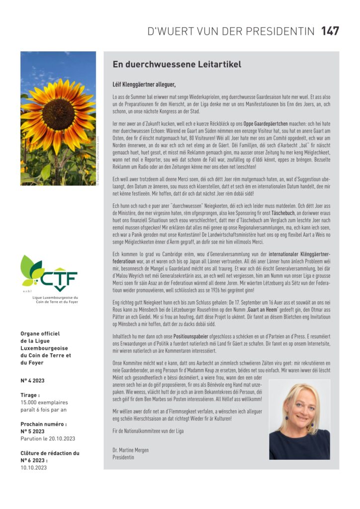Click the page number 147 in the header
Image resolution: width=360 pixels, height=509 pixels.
[330, 31]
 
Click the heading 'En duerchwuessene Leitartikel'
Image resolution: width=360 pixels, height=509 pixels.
[171, 64]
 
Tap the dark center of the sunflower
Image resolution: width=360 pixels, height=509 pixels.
[58, 114]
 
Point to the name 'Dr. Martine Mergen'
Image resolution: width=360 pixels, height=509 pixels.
[130, 450]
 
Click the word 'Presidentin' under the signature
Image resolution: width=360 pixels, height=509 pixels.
[123, 457]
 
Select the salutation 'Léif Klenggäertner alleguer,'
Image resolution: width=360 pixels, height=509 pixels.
[144, 85]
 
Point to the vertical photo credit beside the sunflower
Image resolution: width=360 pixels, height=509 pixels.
[100, 162]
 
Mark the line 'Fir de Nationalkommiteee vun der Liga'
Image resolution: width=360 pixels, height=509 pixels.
[148, 430]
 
